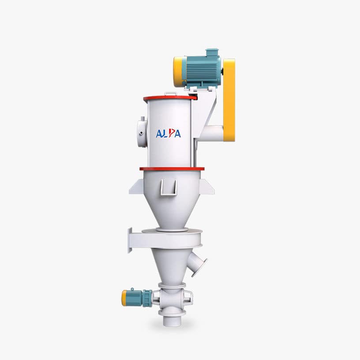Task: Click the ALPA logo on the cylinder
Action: [168, 133]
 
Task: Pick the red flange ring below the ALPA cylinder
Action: [172, 168]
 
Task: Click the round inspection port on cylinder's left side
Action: [142, 132]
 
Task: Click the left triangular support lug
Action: [135, 187]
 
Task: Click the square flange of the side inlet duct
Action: [130, 240]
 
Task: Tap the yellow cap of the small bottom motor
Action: [124, 298]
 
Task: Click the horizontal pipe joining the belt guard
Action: [211, 132]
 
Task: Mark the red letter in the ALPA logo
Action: [170, 133]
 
